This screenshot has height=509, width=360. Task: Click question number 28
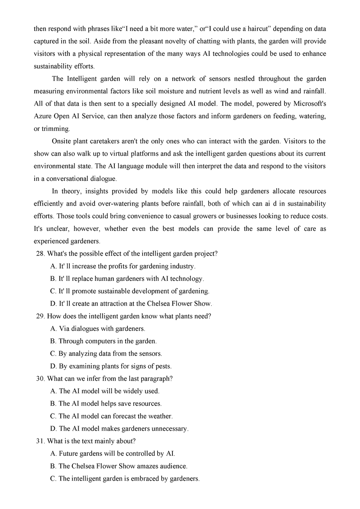pyautogui.click(x=40, y=253)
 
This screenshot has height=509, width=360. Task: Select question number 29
pyautogui.click(x=40, y=316)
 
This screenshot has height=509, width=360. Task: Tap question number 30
pyautogui.click(x=40, y=378)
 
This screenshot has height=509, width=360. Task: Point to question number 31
pyautogui.click(x=40, y=441)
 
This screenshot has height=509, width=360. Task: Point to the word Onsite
pyautogui.click(x=63, y=141)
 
